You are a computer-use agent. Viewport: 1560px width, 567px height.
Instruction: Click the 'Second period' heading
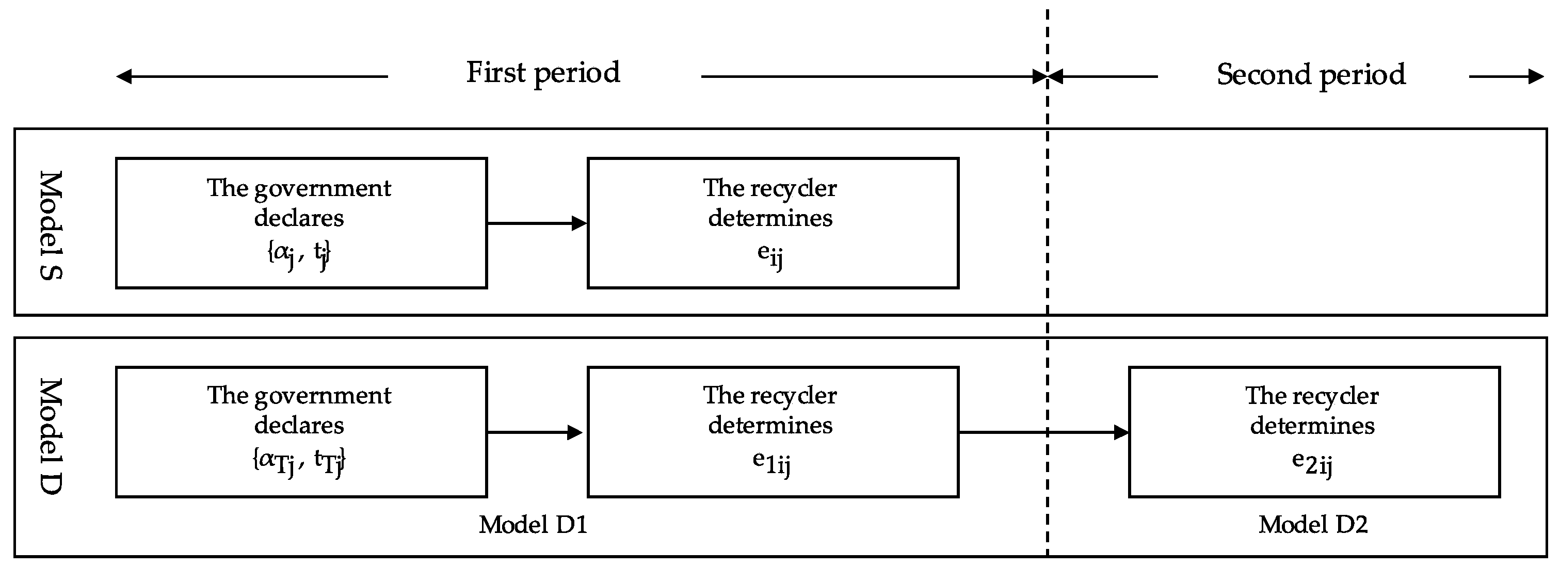point(1311,74)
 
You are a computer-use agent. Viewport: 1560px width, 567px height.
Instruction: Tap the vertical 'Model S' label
point(51,225)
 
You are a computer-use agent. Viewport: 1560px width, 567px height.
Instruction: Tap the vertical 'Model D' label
point(51,435)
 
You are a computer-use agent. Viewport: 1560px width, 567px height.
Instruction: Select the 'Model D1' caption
point(533,525)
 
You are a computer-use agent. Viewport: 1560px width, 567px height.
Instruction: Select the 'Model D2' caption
point(1313,525)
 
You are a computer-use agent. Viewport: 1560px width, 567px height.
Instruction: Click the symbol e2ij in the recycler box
point(1312,463)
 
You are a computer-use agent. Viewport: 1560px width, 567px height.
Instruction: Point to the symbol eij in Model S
point(770,254)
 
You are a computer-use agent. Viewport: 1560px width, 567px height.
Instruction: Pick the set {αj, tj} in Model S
point(299,253)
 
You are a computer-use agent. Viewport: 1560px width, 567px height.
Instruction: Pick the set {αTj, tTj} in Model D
point(299,462)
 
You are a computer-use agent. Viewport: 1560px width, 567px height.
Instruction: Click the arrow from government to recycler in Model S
point(537,223)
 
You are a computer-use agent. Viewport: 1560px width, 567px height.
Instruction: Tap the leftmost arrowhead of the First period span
point(123,76)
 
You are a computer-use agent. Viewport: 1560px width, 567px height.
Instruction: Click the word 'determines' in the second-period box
point(1312,426)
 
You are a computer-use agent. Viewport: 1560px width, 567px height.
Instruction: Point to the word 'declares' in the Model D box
point(299,425)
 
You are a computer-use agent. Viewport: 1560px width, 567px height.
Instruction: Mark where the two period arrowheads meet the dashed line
point(1047,76)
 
